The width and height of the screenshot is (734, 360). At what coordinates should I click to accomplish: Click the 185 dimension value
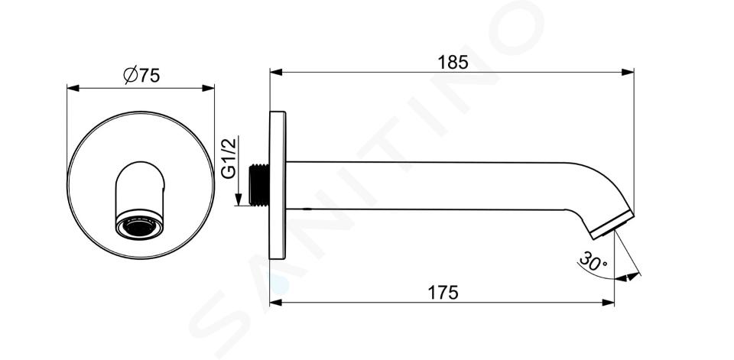[453, 62]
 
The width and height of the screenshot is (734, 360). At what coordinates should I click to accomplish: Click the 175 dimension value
[443, 293]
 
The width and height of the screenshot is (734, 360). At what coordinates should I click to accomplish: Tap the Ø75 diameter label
[141, 75]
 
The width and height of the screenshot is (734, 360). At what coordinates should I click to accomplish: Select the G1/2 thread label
[229, 157]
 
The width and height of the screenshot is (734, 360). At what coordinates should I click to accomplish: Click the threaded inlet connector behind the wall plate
[259, 184]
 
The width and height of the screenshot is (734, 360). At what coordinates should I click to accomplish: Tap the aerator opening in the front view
[139, 227]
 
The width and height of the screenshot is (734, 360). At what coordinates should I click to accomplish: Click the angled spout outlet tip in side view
[612, 225]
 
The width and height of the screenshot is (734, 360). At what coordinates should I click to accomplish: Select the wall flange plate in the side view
[277, 186]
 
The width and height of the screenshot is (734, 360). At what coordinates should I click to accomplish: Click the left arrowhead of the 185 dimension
[276, 72]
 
